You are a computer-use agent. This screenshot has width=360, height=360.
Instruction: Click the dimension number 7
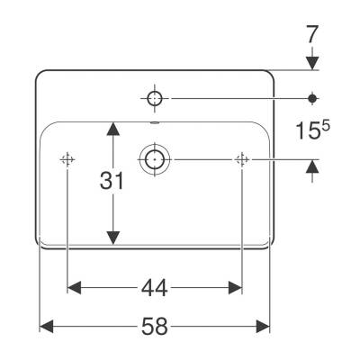[312, 34]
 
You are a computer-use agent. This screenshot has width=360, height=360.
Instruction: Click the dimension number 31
[112, 181]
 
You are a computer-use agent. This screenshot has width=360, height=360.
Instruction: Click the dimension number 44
[155, 288]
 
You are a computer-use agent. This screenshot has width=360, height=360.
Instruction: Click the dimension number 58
[155, 327]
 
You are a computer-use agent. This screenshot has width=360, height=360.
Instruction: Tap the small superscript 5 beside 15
[326, 126]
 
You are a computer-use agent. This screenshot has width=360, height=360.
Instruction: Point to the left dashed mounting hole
[67, 159]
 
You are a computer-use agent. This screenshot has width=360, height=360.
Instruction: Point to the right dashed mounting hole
[242, 159]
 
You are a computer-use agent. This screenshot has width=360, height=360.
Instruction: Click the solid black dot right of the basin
[312, 98]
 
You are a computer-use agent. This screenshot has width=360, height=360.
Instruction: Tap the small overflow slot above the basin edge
[155, 122]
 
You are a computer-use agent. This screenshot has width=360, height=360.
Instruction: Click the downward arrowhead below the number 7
[312, 63]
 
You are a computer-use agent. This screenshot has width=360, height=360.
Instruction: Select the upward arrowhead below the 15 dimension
[312, 166]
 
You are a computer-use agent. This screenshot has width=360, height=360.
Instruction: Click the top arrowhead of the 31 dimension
[113, 129]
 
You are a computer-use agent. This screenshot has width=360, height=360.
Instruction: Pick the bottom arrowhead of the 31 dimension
[113, 238]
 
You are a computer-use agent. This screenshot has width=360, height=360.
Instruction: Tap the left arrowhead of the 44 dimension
[75, 288]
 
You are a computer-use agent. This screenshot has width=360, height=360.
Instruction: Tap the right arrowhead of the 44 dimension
[235, 288]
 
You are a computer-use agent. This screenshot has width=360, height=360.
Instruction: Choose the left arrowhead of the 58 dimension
[47, 327]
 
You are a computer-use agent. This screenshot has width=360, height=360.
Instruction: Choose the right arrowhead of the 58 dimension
[263, 327]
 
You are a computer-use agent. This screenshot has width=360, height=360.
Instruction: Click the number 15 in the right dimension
[308, 131]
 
